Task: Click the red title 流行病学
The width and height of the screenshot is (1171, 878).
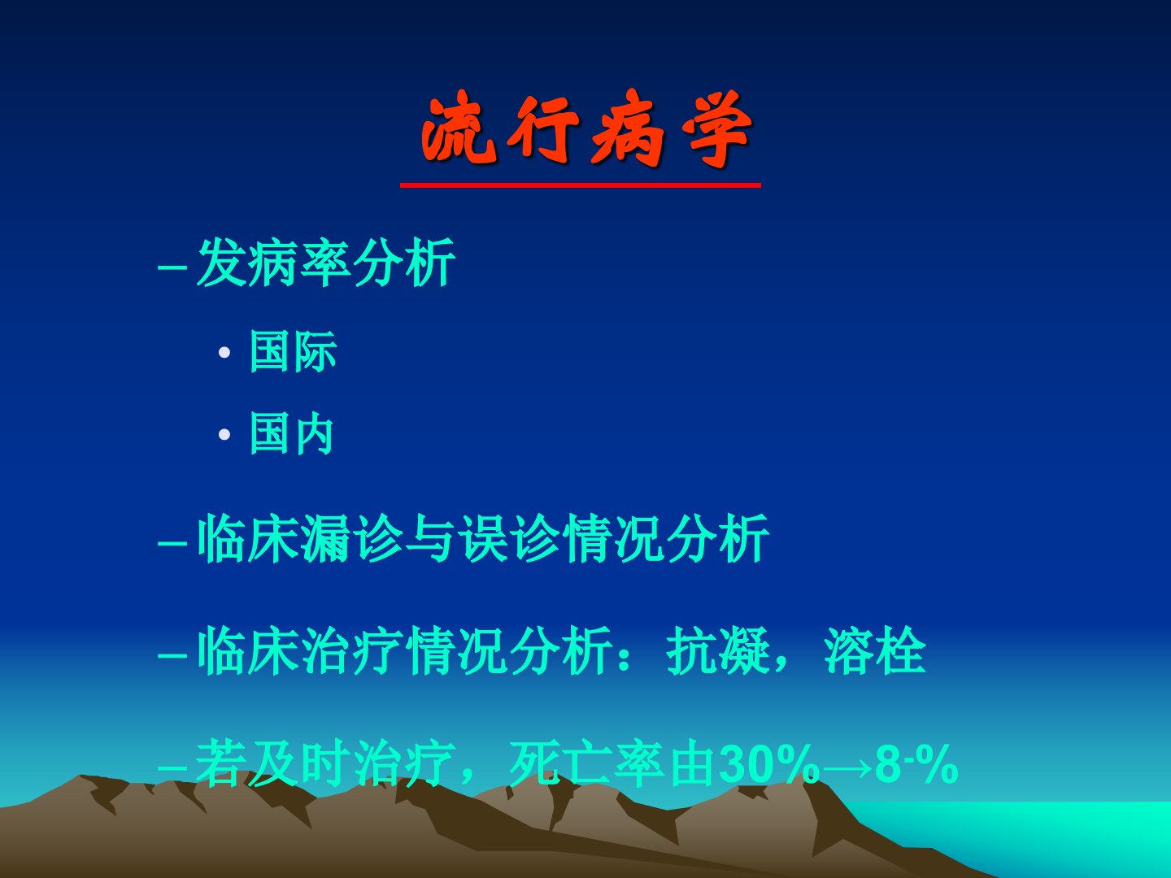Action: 587,129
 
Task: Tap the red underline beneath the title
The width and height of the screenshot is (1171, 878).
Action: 581,185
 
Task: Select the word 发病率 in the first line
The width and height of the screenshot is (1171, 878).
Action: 273,263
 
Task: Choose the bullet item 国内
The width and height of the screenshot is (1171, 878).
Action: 292,432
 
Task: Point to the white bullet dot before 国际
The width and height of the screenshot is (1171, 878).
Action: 224,352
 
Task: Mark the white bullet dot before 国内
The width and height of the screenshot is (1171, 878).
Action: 224,434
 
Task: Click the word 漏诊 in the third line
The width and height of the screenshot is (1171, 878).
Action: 351,538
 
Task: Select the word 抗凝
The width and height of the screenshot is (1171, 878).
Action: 718,650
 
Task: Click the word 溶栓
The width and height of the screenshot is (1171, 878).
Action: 875,650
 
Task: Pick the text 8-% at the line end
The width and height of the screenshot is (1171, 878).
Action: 916,764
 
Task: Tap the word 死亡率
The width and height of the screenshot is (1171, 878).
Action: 587,763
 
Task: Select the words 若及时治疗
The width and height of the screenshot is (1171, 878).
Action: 325,763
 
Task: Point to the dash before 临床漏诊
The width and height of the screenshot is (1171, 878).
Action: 172,543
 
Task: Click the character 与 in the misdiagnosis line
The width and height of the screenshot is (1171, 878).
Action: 430,538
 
